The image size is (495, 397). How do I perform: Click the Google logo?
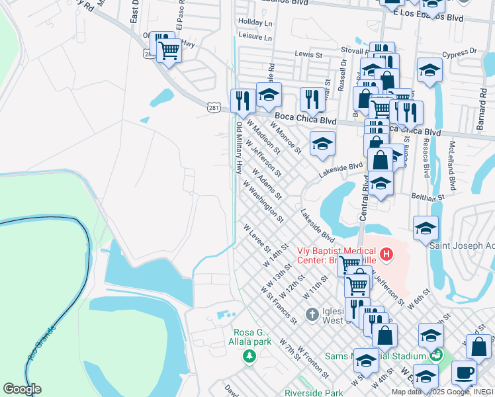coord(22,389)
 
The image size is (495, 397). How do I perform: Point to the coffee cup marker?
coord(464,373)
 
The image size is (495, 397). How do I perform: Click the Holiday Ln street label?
coord(255,22)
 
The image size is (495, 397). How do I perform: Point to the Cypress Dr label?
coord(461,51)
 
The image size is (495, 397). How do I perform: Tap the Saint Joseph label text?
coord(461,245)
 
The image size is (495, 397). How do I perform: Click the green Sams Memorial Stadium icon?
coord(435,355)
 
